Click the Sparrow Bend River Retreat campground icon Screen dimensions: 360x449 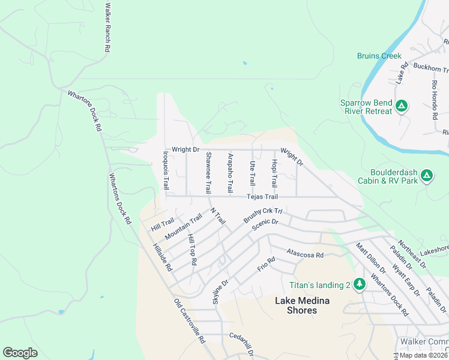(402, 107)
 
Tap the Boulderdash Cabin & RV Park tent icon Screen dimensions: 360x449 (426, 176)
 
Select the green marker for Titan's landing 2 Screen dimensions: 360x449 (359, 283)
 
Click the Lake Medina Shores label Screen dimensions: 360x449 (295, 306)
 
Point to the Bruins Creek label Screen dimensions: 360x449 (379, 56)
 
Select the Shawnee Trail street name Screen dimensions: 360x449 (208, 172)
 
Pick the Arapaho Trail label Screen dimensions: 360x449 (230, 173)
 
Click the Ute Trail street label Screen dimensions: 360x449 (252, 172)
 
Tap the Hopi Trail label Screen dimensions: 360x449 (274, 173)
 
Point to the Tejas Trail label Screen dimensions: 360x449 (262, 197)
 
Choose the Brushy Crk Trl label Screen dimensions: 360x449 (262, 217)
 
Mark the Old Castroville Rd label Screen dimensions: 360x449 (190, 320)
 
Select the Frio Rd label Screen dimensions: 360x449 (266, 263)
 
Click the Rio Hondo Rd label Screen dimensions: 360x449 (435, 99)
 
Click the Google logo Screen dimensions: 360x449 (20, 353)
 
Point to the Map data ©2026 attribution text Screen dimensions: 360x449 (423, 355)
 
